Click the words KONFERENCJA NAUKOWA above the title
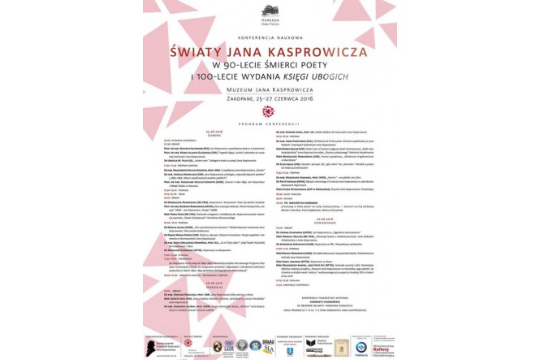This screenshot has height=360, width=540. point(270,37)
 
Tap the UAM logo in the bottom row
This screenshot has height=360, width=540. point(229,345)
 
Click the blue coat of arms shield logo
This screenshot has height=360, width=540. point(292,349)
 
